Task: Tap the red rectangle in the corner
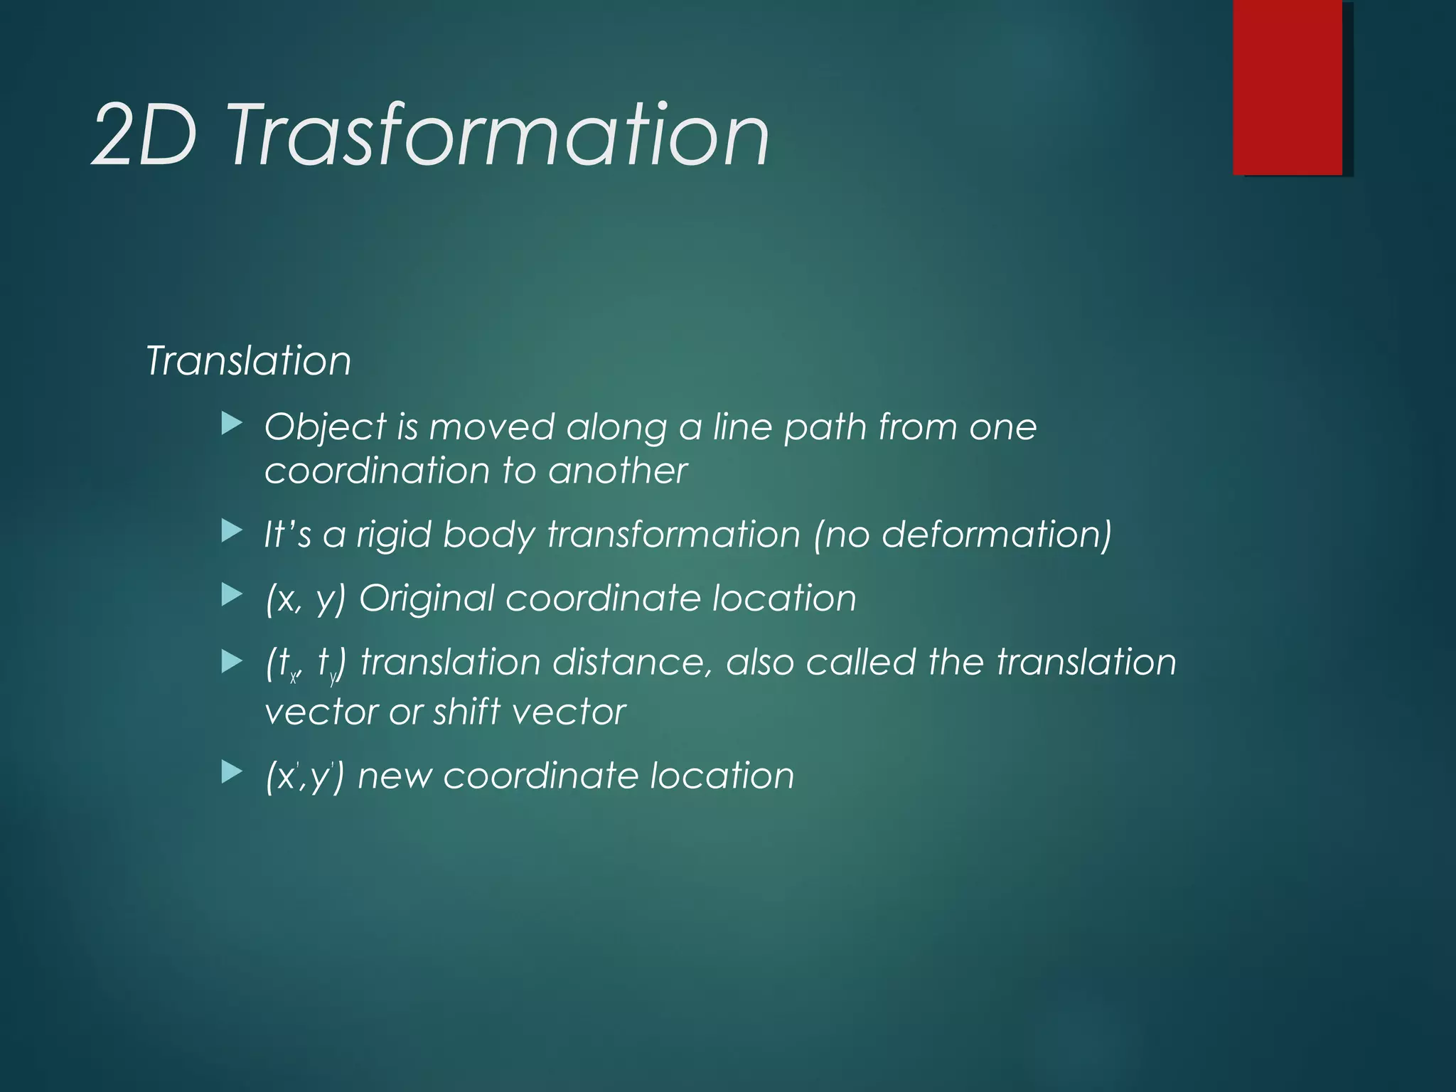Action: tap(1287, 87)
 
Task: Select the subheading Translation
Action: tap(248, 360)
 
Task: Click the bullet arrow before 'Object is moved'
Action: tap(232, 425)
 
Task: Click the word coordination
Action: tap(377, 471)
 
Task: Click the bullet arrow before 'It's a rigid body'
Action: tap(232, 531)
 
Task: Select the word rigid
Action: tap(393, 534)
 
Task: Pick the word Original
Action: tap(426, 598)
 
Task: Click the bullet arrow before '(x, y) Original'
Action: tap(232, 595)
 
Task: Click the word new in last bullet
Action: tap(395, 776)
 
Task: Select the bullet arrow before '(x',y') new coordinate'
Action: tap(232, 771)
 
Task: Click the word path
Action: tap(825, 428)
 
